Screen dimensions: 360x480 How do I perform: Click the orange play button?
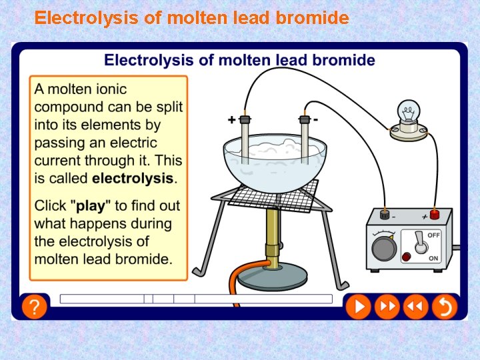(x=358, y=307)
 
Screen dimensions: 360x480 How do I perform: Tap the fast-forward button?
(x=387, y=307)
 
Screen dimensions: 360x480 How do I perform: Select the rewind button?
(x=415, y=307)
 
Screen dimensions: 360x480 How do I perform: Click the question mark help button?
(x=34, y=307)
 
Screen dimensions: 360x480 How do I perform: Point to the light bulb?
(x=409, y=111)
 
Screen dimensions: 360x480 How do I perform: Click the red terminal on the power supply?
(x=435, y=214)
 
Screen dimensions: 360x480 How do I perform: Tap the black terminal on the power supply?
(x=384, y=215)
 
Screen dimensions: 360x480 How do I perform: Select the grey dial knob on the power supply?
(x=383, y=249)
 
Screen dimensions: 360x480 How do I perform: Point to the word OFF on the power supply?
(x=433, y=235)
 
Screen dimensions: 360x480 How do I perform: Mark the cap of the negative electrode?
(x=305, y=119)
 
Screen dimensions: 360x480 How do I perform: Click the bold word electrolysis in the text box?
(x=133, y=178)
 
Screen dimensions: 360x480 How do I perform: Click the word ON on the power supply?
(x=434, y=258)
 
